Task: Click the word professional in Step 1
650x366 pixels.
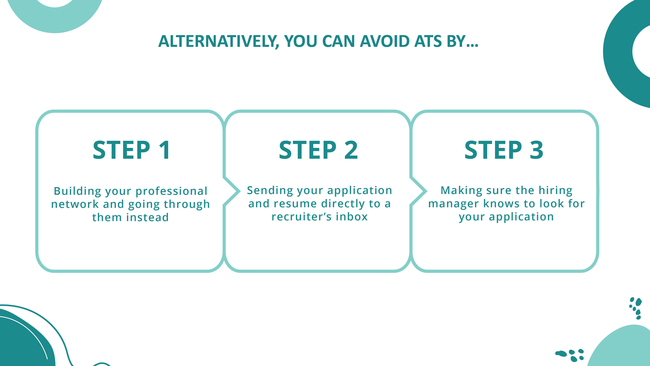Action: coord(171,191)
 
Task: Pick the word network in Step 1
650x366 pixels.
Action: coord(75,204)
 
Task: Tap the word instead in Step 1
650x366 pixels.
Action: coord(148,218)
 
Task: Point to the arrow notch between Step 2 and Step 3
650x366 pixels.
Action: coord(420,191)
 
